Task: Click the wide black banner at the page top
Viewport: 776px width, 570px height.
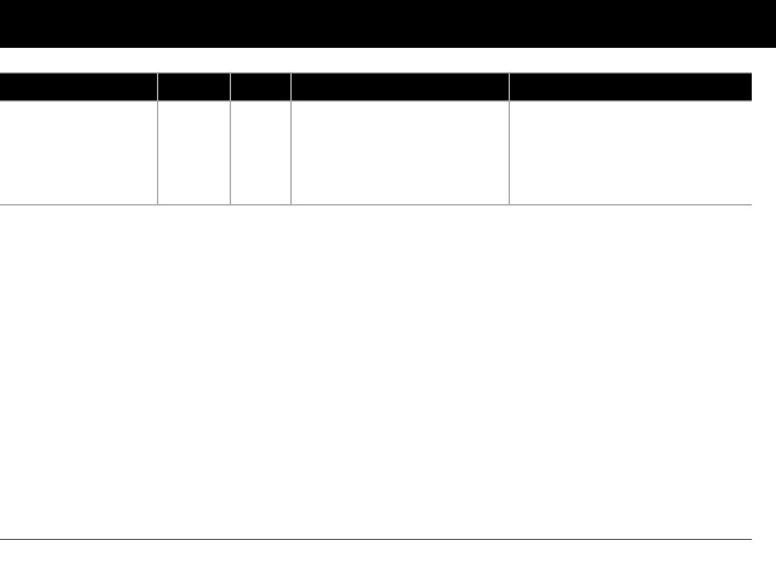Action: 388,24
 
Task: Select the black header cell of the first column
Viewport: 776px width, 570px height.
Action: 78,86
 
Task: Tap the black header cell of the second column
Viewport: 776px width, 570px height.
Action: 194,86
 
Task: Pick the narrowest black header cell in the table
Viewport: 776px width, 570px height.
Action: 261,86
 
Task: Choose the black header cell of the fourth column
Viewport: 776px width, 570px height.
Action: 400,86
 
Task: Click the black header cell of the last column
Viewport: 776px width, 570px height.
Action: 630,86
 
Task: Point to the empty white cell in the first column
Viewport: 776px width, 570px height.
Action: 78,152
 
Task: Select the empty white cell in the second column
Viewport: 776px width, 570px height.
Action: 194,152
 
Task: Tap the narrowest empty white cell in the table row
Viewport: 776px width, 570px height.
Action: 261,152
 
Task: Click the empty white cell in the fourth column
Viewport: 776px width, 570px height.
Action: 400,152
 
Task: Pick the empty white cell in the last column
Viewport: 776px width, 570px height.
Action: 630,152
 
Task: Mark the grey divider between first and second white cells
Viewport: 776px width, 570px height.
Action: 158,152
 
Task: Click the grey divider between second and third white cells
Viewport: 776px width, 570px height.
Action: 230,152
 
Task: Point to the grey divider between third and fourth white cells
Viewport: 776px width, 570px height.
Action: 291,152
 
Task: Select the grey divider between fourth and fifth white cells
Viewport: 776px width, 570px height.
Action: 509,152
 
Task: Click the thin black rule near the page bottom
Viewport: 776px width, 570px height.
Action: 375,539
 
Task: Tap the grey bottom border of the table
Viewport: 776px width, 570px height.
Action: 375,204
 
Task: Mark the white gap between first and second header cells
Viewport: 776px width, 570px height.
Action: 158,86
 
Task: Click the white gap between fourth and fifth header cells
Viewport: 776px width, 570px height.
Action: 509,86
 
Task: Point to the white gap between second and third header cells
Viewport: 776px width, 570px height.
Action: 230,86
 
